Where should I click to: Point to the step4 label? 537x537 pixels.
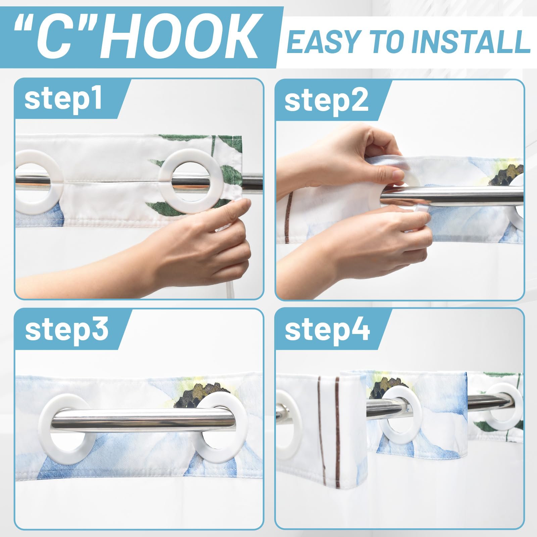pyautogui.click(x=327, y=330)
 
